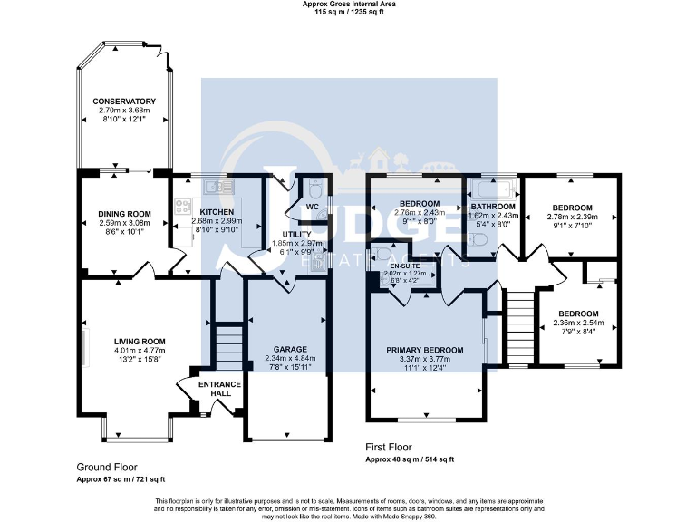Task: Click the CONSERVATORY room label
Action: tap(124, 101)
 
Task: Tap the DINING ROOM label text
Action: tap(124, 214)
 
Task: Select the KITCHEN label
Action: tap(217, 211)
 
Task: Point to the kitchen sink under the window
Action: tap(214, 186)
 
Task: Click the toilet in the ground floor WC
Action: tap(314, 191)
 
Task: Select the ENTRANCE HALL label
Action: tap(219, 389)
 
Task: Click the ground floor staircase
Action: tap(229, 345)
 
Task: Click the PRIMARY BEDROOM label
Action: tap(424, 350)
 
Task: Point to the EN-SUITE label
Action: tap(405, 266)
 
